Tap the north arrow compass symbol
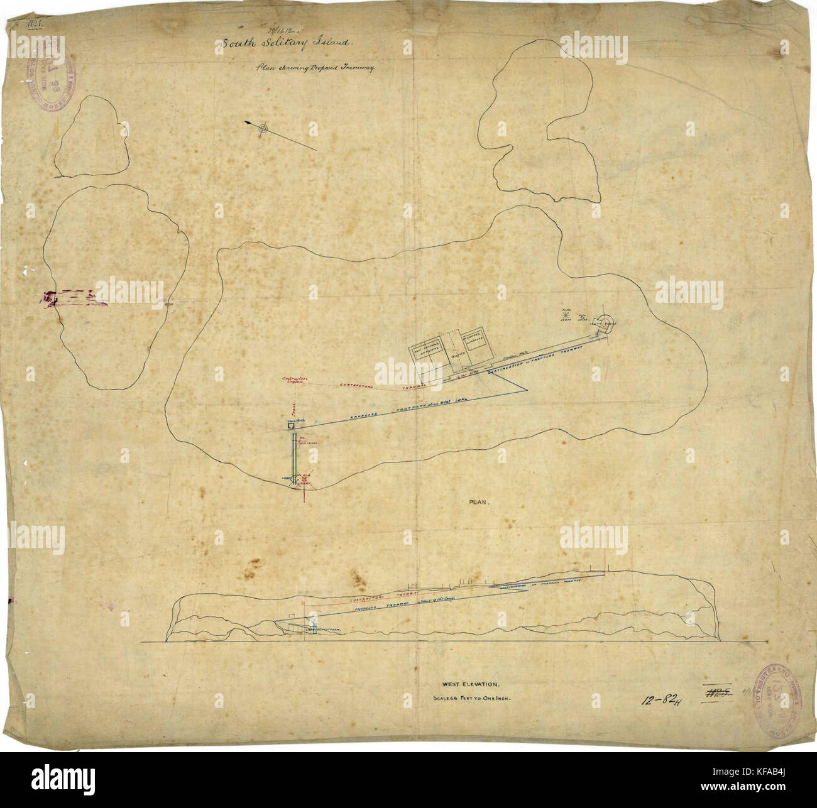(x=264, y=129)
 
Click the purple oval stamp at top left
(x=48, y=81)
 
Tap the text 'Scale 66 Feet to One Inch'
(x=471, y=698)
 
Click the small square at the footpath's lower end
(x=292, y=427)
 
